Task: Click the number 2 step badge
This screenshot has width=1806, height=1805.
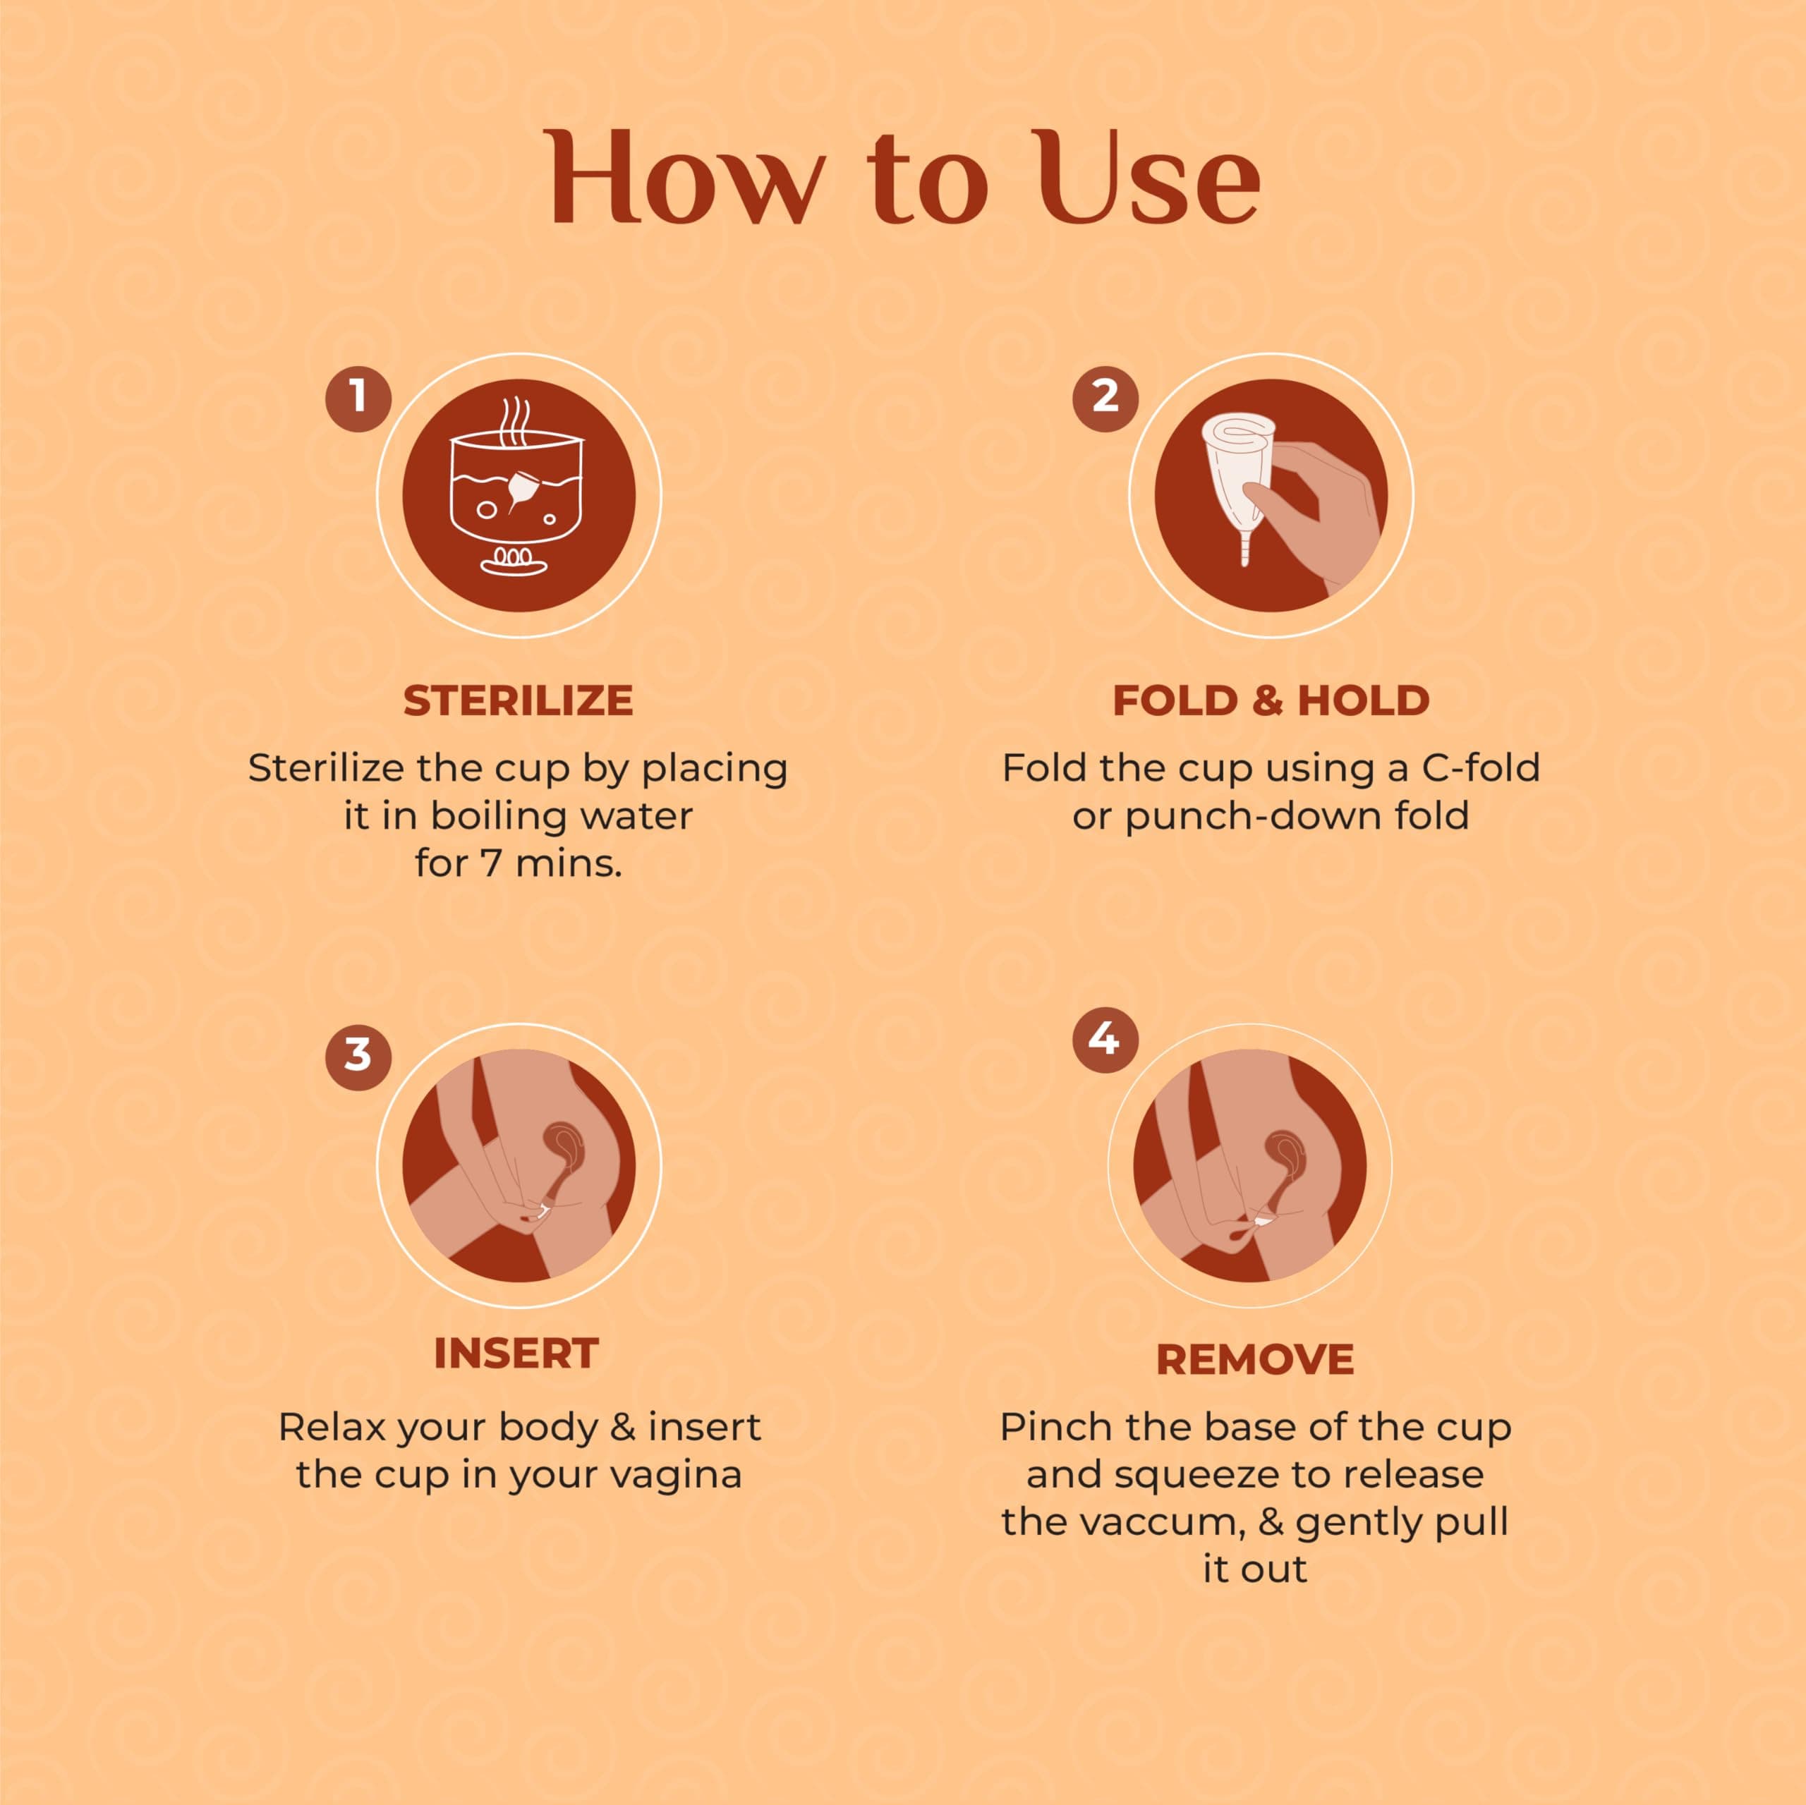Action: coord(1105,399)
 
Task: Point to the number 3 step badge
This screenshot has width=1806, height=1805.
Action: coord(358,1057)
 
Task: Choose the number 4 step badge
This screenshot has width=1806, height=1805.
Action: coord(1105,1040)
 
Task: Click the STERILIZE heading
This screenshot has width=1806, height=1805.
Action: coord(518,701)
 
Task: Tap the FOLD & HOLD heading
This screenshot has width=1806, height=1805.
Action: coord(1271,701)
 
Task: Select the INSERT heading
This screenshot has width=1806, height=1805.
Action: coord(516,1354)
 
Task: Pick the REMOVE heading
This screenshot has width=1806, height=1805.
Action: coord(1254,1360)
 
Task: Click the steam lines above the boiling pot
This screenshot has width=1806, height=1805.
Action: coord(515,422)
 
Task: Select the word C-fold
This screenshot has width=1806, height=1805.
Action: coord(1481,767)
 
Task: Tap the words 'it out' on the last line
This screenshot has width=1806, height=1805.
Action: coord(1254,1569)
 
